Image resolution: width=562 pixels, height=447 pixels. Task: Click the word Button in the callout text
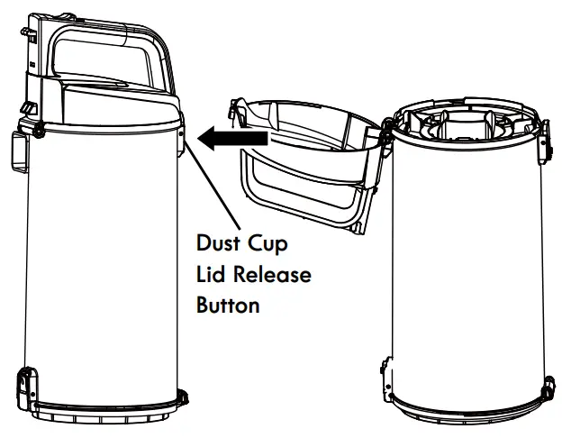[228, 304]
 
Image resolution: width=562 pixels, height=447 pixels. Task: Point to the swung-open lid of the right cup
[306, 162]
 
